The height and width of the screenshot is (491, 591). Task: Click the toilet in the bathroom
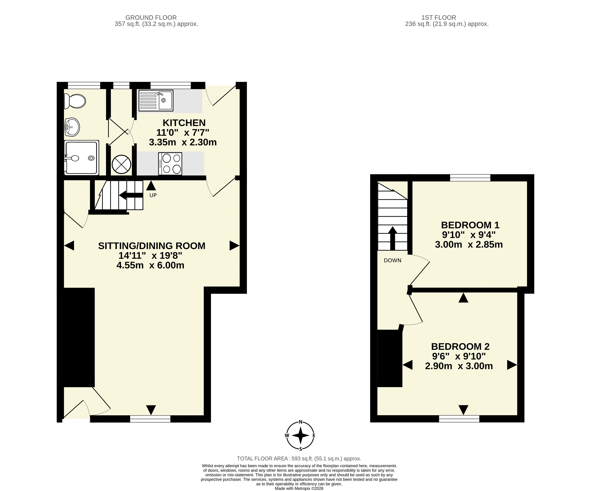[x=75, y=101]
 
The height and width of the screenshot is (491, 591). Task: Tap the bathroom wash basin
[x=72, y=127]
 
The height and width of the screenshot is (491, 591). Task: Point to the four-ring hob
[x=170, y=164]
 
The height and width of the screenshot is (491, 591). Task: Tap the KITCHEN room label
[x=184, y=123]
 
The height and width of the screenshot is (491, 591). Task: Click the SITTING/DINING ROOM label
[x=152, y=246]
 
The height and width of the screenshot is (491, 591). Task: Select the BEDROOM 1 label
[x=470, y=225]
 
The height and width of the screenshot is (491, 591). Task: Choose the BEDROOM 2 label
[x=460, y=346]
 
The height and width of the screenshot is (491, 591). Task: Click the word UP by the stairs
[x=153, y=195]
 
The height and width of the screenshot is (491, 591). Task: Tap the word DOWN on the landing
[x=393, y=260]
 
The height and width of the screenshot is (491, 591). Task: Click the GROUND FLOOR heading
[x=151, y=18]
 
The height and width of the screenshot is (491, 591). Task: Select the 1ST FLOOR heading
[x=439, y=18]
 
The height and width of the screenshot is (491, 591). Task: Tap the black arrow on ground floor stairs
[x=131, y=195]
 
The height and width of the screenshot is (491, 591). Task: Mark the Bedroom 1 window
[x=470, y=178]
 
